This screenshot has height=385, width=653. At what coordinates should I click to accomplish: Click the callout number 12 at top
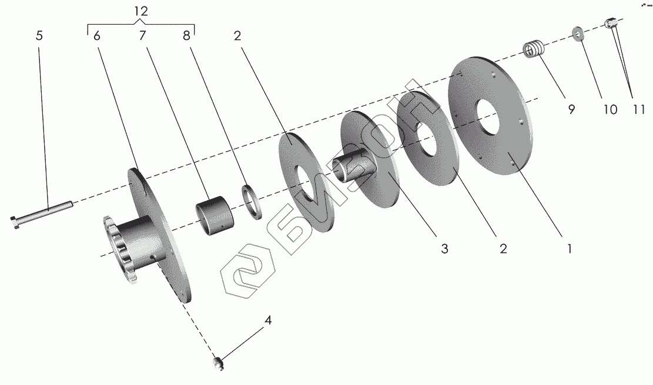pos(141,11)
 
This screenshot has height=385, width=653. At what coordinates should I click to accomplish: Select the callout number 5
pos(39,36)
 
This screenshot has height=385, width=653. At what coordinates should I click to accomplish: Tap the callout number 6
pos(96,36)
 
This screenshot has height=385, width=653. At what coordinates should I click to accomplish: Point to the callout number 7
pos(142,36)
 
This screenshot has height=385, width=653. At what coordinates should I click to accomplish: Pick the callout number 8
pos(186,36)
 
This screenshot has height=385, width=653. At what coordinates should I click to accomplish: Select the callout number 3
pos(444,249)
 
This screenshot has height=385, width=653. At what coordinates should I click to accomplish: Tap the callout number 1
pos(569,249)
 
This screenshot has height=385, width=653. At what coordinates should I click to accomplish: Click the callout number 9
pos(571,109)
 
